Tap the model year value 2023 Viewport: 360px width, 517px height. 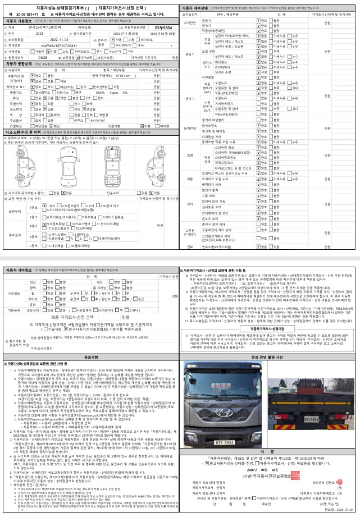point(39,33)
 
